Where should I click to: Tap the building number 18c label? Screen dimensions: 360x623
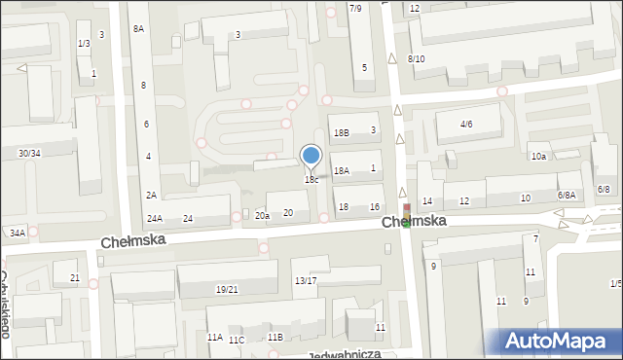(x=311, y=180)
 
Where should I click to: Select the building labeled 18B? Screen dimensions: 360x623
(x=341, y=132)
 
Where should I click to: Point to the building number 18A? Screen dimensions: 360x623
(x=341, y=170)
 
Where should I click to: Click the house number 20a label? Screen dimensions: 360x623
(x=262, y=215)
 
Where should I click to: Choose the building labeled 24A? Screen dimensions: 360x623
(x=155, y=218)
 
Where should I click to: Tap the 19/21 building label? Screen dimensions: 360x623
(x=227, y=290)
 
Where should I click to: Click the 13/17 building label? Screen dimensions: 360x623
(x=306, y=280)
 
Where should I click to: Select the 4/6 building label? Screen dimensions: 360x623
(x=467, y=124)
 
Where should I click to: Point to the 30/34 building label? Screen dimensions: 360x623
(x=29, y=153)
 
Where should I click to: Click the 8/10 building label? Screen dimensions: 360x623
(x=417, y=59)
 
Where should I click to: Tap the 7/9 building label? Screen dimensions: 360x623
(x=355, y=8)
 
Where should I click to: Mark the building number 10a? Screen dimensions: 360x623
(x=538, y=157)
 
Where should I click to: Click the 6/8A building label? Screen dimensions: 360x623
(x=567, y=196)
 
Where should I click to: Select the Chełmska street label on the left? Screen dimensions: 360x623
(x=131, y=239)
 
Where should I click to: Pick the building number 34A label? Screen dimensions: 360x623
(x=18, y=234)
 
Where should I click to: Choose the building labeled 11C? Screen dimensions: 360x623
(x=237, y=340)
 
